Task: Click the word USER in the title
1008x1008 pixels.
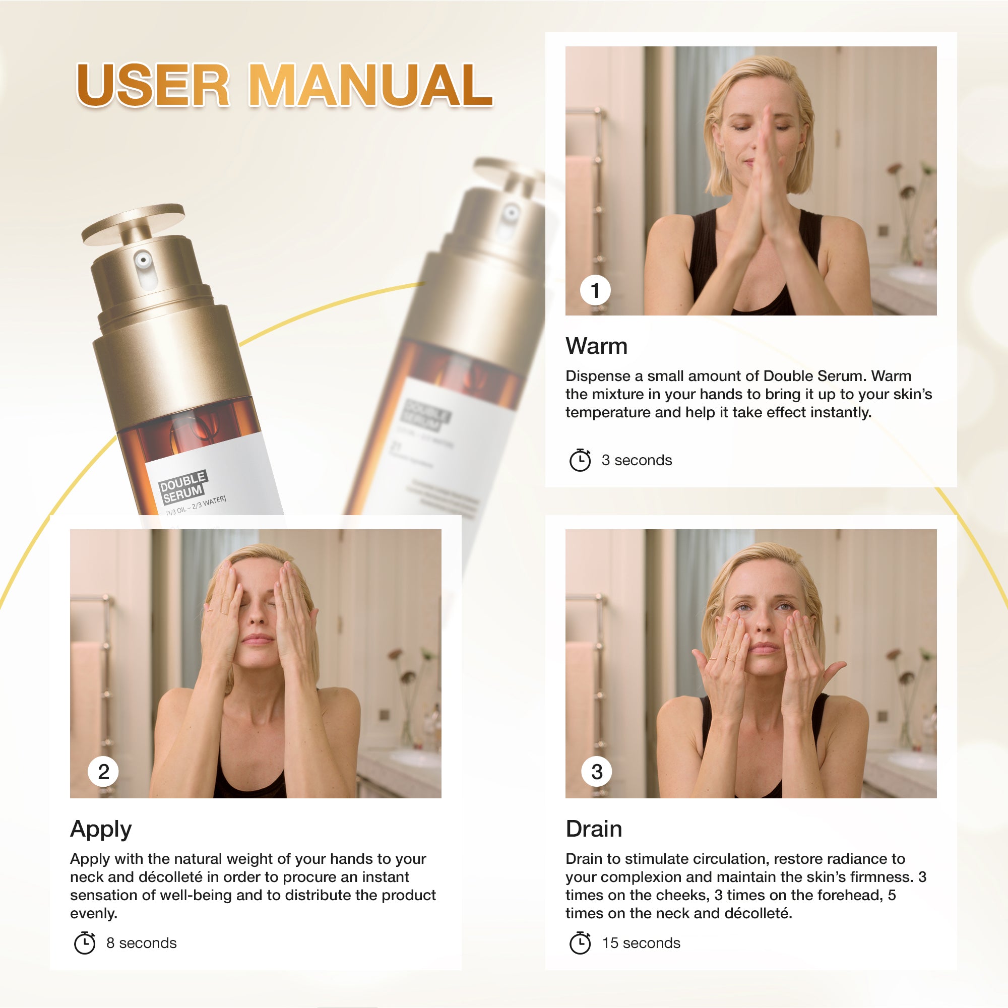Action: (x=152, y=85)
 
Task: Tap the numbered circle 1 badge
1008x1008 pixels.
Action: (x=595, y=290)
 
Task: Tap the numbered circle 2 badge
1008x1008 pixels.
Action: (x=103, y=772)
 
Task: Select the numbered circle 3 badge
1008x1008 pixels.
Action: (x=596, y=772)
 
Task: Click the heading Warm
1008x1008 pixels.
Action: (x=596, y=346)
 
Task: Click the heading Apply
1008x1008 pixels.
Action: (x=101, y=829)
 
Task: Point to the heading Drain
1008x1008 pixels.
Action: (x=594, y=829)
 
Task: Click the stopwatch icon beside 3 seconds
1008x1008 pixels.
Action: (x=580, y=460)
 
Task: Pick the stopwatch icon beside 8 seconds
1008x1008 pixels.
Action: (x=85, y=943)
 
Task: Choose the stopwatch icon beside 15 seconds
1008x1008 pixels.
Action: (x=580, y=943)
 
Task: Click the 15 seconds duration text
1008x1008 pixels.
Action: (x=641, y=943)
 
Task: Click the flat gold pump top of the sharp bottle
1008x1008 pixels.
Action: (x=134, y=223)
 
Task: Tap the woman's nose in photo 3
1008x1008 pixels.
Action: (x=762, y=623)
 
